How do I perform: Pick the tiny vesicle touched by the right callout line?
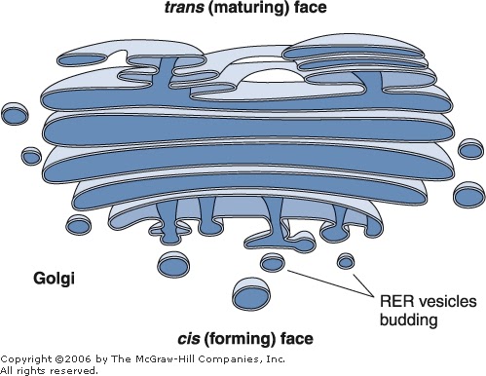[346, 261]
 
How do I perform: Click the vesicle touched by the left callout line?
[274, 263]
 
